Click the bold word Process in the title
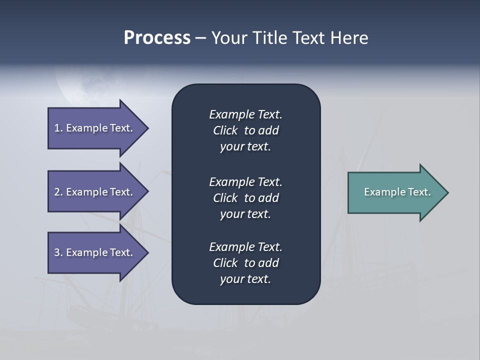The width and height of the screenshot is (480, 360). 157,38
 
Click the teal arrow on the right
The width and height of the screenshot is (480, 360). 395,192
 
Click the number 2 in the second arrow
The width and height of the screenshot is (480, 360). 57,192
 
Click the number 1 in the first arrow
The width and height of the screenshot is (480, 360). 57,128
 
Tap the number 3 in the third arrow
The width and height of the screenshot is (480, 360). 57,252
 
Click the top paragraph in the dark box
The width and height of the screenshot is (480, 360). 245,130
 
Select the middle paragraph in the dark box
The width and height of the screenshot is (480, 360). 245,198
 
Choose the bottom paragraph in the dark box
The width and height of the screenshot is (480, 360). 245,263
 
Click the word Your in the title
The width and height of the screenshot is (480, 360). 228,38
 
